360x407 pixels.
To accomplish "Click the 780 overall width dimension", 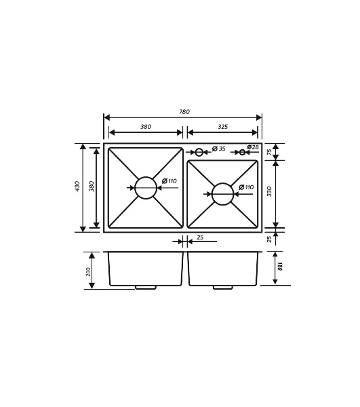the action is [184, 112].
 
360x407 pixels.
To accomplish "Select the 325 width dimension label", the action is [223, 127].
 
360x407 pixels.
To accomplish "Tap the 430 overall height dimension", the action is [77, 187].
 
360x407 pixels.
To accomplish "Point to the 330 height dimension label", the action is [269, 191].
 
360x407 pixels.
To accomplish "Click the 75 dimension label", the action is [269, 152].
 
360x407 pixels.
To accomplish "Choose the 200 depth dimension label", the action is [88, 272].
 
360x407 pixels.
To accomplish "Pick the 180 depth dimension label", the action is [279, 267].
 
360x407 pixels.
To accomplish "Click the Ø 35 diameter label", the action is [219, 149].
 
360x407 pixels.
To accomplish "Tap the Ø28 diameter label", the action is [253, 147].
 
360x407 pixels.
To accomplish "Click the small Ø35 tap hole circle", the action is [199, 152].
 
